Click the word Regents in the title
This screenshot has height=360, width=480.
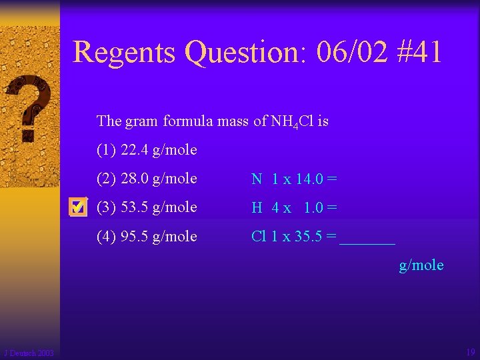(x=125, y=52)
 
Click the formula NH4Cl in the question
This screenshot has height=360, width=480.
(x=291, y=121)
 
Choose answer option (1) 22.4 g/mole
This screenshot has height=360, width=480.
(x=147, y=149)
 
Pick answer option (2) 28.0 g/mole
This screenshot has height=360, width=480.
(x=147, y=178)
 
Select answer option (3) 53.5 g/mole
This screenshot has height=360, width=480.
(x=147, y=207)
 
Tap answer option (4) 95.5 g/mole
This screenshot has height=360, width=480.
(x=147, y=236)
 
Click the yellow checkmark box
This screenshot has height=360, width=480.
(x=78, y=208)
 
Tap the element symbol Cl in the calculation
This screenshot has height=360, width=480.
(x=259, y=237)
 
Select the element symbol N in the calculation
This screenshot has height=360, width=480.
(x=257, y=179)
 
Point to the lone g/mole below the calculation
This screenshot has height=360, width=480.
(x=421, y=265)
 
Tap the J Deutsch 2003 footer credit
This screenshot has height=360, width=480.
(x=29, y=353)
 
